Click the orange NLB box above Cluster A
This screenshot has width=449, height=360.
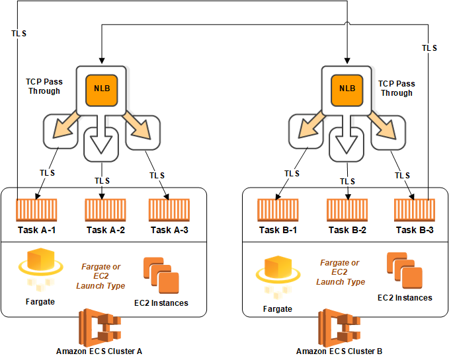click(102, 90)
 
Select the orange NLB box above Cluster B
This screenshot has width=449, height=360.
click(347, 90)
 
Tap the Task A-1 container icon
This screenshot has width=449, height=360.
click(36, 210)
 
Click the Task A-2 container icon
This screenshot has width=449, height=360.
click(105, 210)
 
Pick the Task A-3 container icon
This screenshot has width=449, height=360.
click(169, 210)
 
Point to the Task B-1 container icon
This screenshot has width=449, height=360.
click(278, 210)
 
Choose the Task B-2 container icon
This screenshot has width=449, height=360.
click(347, 210)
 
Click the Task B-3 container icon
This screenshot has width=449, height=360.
click(415, 210)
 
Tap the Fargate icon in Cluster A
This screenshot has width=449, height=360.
click(40, 270)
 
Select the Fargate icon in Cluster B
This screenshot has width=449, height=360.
click(278, 277)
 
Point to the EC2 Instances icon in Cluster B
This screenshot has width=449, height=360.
click(405, 271)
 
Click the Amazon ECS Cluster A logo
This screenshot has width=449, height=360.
click(100, 328)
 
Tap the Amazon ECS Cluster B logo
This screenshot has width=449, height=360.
click(339, 328)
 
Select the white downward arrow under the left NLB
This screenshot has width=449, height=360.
click(101, 134)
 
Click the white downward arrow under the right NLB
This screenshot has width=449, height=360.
click(347, 134)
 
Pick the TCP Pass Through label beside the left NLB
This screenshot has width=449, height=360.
click(44, 87)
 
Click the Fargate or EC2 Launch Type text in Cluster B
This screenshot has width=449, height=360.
click(340, 272)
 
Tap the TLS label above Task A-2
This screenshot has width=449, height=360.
click(102, 181)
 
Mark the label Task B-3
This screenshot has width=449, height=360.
click(415, 230)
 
